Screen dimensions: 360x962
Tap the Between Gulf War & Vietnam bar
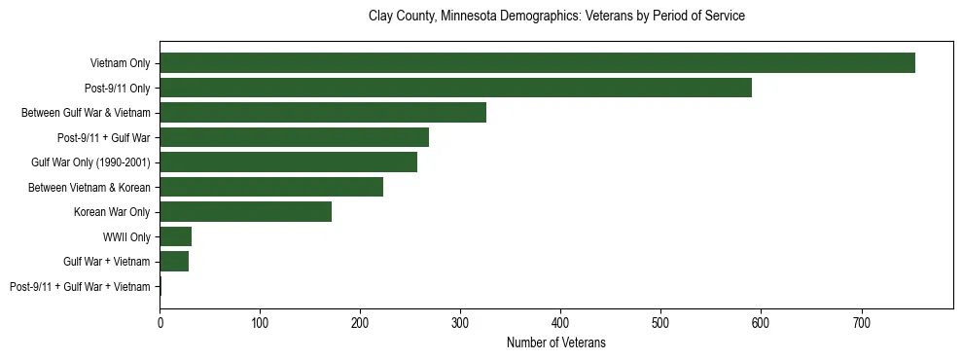pos(323,113)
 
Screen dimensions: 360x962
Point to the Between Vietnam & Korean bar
pos(271,187)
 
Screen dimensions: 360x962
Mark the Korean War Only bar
pos(245,211)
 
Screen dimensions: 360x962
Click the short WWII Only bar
pos(175,236)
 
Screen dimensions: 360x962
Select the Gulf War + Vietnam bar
pos(174,261)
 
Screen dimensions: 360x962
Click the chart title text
pos(556,17)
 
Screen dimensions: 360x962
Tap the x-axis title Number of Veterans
pos(556,342)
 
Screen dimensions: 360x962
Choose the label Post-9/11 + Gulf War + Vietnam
pos(80,286)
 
